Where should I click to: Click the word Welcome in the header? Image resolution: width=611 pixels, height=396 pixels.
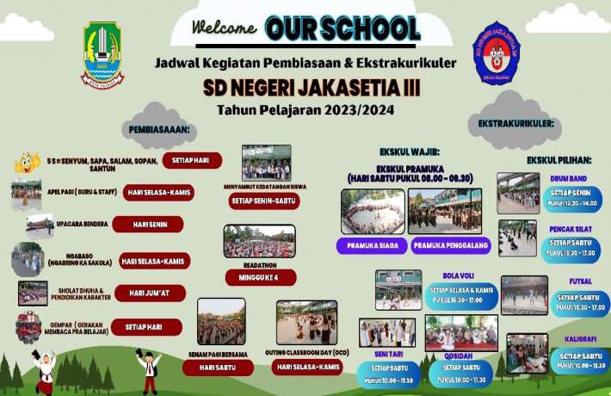[225, 27]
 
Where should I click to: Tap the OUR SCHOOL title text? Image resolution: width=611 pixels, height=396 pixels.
[342, 28]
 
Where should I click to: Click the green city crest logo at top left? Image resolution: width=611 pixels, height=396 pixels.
[102, 53]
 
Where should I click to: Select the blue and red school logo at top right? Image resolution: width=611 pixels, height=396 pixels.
[497, 53]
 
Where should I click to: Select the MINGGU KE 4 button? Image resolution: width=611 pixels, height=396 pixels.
[260, 277]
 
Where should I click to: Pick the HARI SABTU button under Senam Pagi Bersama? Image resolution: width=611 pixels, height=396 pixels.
[218, 368]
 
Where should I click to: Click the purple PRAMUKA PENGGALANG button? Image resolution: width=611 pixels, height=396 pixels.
[450, 246]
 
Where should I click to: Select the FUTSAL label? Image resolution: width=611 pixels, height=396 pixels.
[579, 282]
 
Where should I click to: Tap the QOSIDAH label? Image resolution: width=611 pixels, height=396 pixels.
[460, 356]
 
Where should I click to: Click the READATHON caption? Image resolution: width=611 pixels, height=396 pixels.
[260, 264]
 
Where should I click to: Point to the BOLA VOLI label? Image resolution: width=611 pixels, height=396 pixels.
[460, 275]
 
